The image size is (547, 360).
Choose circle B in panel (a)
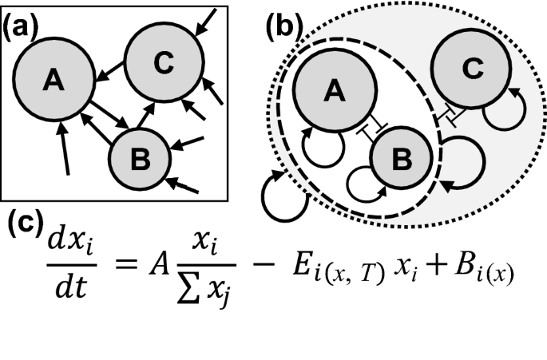click(140, 160)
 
